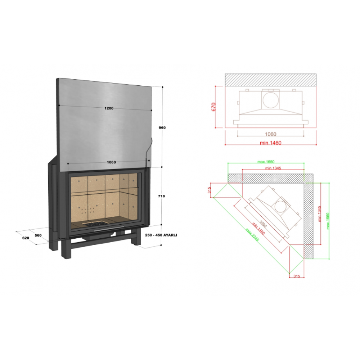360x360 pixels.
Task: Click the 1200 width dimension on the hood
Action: pos(109,108)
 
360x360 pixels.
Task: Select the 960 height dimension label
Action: pos(162,128)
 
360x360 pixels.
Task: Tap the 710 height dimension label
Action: pos(161,196)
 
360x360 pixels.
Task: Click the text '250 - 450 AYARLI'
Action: pos(161,235)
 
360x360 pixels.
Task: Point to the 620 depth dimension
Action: pos(26,238)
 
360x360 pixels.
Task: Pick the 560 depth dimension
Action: pos(38,235)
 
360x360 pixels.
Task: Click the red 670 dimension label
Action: pos(213,107)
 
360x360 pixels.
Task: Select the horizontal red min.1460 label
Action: pos(270,143)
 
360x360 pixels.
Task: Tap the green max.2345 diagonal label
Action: pos(252,234)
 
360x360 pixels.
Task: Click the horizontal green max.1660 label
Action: pos(266,162)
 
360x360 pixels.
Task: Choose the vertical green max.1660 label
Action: pos(328,221)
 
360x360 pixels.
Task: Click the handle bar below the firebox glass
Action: pos(109,228)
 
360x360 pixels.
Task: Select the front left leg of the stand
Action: pos(66,249)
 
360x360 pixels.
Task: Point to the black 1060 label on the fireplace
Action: pos(111,162)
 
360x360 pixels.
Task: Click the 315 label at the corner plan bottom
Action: pos(297,276)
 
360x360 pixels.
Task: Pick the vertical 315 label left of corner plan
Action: pos(209,190)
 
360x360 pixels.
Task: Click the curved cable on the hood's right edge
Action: pos(148,149)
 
